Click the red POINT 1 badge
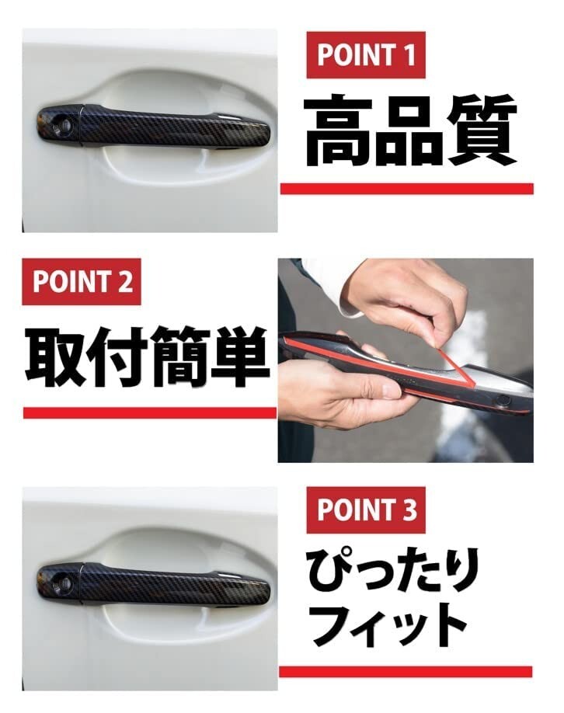[365, 55]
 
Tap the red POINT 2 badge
[82, 281]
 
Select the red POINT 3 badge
[365, 510]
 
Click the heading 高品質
[409, 130]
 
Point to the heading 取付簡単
[148, 356]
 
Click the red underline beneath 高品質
[406, 189]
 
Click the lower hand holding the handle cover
[342, 392]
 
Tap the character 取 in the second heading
[54, 356]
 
